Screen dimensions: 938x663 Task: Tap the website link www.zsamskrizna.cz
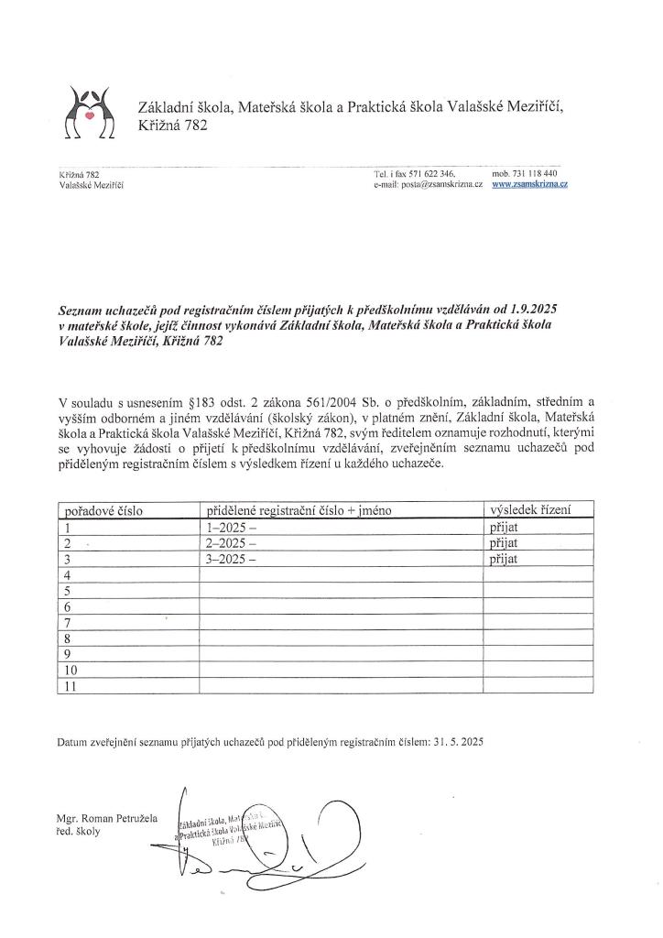pos(530,184)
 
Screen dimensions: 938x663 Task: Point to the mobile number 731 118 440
pos(530,173)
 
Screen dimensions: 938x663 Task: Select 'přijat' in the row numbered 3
pos(505,558)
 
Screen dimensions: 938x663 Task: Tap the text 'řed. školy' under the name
pos(77,831)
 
